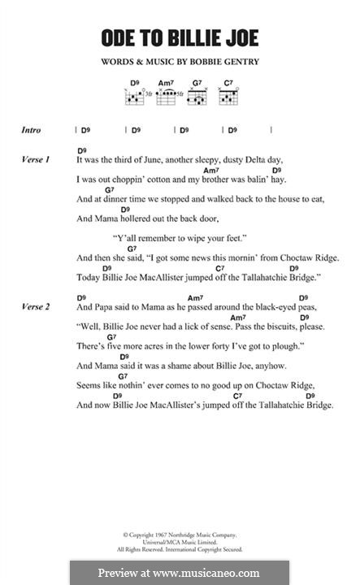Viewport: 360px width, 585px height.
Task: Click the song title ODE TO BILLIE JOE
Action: point(179,37)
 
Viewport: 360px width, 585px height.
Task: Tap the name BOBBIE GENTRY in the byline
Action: point(220,62)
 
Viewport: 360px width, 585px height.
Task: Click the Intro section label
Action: point(33,130)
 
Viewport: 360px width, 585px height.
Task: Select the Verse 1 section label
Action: point(37,160)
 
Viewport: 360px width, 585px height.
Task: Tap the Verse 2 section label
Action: point(37,307)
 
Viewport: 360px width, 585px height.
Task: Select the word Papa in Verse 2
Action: point(107,308)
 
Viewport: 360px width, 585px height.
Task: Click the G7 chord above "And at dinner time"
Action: point(87,188)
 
